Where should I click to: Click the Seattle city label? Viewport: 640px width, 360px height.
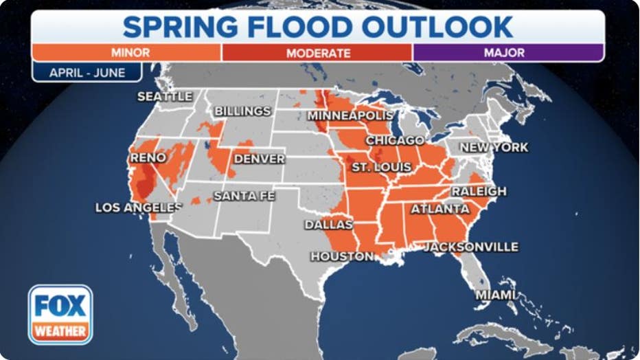coord(165,97)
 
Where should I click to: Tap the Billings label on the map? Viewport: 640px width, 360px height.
coord(242,111)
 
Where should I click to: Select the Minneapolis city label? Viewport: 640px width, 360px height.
coord(350,115)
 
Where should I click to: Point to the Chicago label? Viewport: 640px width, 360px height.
coord(395,141)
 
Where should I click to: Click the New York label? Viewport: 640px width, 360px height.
coord(494,148)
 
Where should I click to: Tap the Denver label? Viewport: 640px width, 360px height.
coord(259,159)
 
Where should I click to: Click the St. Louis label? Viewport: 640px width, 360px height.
coord(381,167)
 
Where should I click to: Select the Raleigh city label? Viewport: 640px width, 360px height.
coord(479,191)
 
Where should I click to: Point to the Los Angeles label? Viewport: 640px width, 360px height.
coord(138,207)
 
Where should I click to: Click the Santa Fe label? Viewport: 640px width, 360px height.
coord(244,196)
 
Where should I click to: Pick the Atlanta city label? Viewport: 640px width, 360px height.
coord(440,209)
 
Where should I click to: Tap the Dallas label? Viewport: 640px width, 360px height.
coord(329,225)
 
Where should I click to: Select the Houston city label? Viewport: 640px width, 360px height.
coord(342,256)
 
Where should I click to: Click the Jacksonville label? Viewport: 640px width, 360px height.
coord(471,247)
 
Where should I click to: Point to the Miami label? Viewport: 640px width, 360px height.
coord(496,295)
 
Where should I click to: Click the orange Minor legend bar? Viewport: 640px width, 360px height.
coord(126,53)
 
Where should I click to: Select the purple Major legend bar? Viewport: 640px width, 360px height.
coord(508,53)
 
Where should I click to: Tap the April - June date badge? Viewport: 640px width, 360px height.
coord(87,72)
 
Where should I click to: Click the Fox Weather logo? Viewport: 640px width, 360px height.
coord(60,314)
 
